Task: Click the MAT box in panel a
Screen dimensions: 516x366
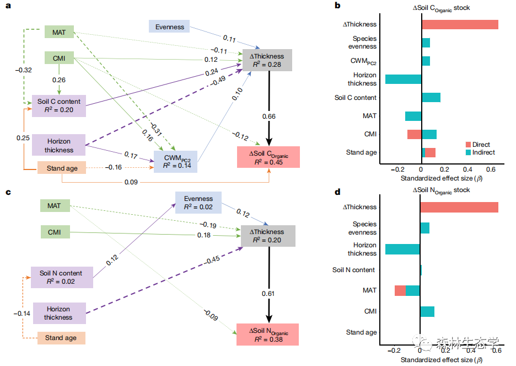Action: [x=59, y=32]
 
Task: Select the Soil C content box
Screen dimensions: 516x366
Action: [x=59, y=106]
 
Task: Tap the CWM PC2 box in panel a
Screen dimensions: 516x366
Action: [x=176, y=162]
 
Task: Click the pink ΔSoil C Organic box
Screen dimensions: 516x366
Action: [x=268, y=157]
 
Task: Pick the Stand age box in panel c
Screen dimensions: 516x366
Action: [x=61, y=338]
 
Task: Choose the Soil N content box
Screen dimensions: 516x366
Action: [x=62, y=277]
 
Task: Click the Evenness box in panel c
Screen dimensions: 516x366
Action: [x=198, y=203]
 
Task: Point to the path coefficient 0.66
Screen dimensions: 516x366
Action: [x=269, y=116]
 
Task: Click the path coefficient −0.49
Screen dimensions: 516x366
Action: [x=218, y=81]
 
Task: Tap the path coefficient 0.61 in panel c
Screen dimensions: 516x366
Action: [x=268, y=293]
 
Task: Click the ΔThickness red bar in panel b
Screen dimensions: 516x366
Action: [x=460, y=25]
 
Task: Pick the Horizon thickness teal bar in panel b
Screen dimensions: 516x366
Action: [x=404, y=79]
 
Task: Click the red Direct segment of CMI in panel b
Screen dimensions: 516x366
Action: [x=415, y=134]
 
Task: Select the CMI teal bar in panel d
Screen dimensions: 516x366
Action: [x=427, y=312]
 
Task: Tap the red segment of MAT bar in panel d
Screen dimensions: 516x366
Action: [x=400, y=290]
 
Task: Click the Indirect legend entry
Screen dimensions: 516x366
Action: [x=481, y=152]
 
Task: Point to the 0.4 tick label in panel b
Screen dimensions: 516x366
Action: [x=467, y=169]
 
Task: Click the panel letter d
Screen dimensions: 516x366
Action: [x=337, y=192]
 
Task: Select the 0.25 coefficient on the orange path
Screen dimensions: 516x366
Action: [x=23, y=137]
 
